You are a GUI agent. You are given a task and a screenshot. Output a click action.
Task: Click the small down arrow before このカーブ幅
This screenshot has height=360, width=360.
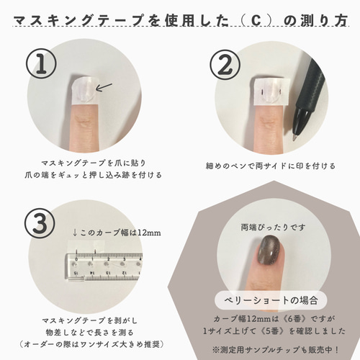click(x=75, y=232)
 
